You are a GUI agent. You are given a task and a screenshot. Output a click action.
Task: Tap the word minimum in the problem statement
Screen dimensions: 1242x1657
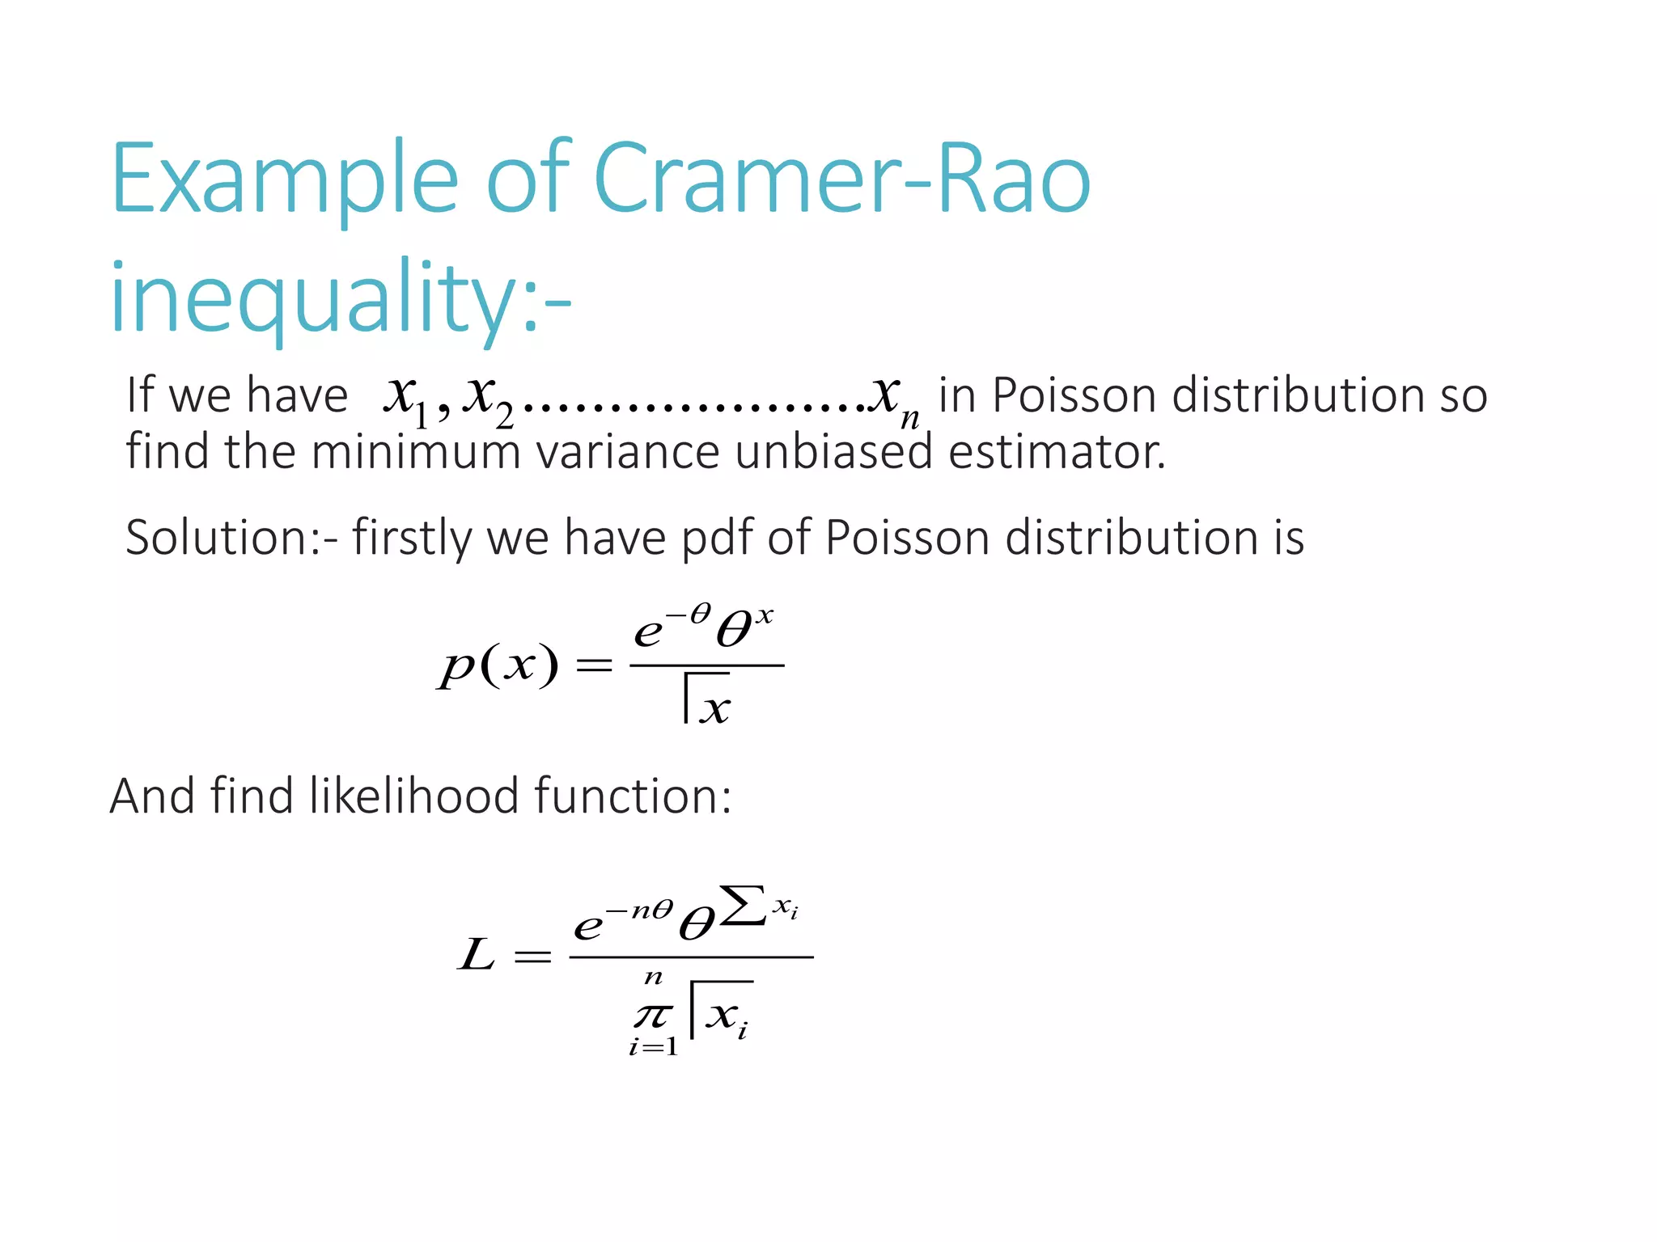(x=415, y=451)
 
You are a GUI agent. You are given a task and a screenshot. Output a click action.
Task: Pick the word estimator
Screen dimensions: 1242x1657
(x=1056, y=451)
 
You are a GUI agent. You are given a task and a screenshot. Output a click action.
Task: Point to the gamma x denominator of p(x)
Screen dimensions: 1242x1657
(x=706, y=699)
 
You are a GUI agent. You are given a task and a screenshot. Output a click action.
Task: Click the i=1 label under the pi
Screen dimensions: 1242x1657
(x=653, y=1047)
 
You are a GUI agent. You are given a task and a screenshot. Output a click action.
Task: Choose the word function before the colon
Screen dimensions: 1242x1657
(x=627, y=796)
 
